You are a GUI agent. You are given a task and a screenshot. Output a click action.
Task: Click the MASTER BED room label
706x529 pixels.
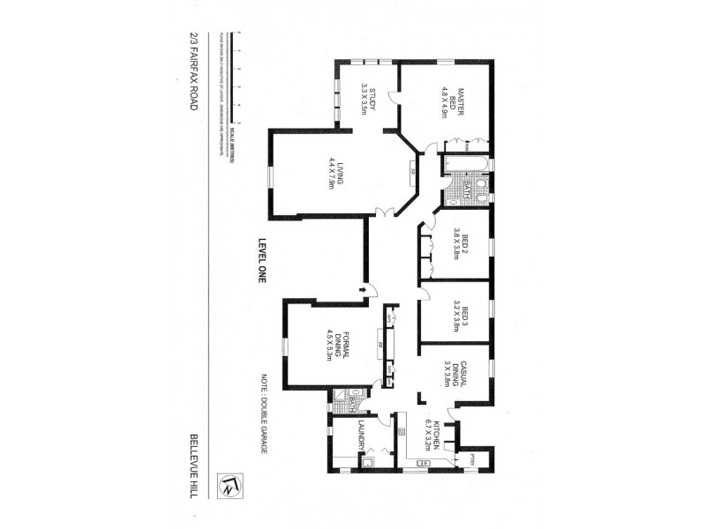(x=454, y=101)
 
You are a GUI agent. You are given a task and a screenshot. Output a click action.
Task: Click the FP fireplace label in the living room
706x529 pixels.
(x=412, y=172)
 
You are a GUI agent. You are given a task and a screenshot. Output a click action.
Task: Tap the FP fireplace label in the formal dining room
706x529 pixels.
(x=379, y=344)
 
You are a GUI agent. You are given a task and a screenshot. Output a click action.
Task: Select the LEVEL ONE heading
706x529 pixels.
(x=261, y=261)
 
